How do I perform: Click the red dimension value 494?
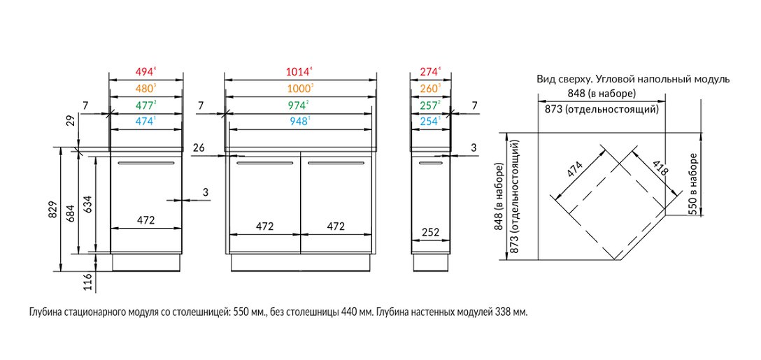144,72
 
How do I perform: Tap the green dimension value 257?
429,105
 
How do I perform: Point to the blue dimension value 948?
298,122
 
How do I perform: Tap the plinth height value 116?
88,281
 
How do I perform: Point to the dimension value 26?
199,147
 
